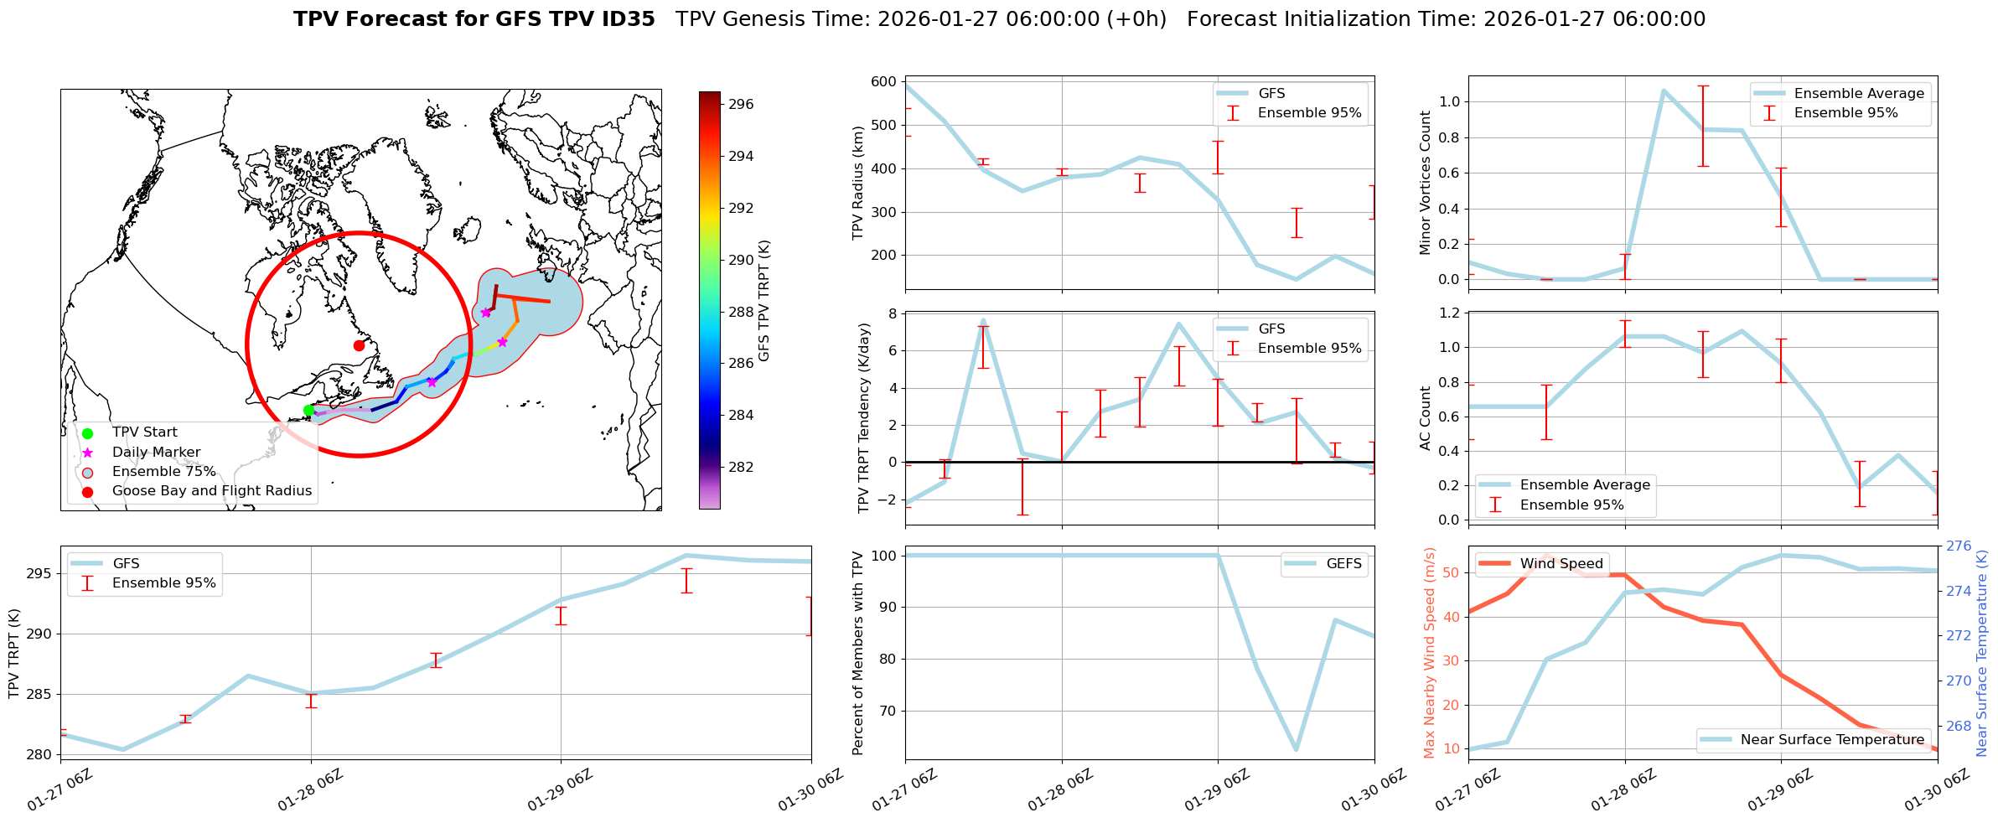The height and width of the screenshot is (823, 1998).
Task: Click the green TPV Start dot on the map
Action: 308,411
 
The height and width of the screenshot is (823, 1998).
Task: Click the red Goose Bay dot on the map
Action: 359,345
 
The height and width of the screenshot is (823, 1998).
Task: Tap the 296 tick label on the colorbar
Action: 741,105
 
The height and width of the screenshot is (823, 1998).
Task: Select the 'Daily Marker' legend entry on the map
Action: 156,453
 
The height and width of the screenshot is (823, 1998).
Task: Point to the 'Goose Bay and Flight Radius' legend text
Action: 211,491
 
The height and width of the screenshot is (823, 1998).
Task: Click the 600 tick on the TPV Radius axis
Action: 883,82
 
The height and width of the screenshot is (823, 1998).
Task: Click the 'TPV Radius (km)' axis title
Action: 858,183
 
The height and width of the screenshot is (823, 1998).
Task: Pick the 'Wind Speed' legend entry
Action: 1561,564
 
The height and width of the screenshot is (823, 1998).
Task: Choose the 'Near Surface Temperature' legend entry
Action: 1832,740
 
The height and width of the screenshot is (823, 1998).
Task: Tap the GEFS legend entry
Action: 1343,564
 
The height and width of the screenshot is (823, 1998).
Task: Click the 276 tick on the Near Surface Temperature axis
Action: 1959,546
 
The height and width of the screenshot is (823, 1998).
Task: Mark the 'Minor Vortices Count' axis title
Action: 1426,183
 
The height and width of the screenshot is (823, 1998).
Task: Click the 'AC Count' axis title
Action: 1426,418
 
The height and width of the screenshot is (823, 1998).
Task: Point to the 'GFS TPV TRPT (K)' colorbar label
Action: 764,301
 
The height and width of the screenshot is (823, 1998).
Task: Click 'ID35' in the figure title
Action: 624,19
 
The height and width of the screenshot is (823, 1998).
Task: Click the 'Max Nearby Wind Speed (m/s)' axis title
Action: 1430,653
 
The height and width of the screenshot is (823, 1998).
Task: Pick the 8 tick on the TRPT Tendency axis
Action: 891,314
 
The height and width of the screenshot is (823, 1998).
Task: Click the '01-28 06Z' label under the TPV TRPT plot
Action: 309,791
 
